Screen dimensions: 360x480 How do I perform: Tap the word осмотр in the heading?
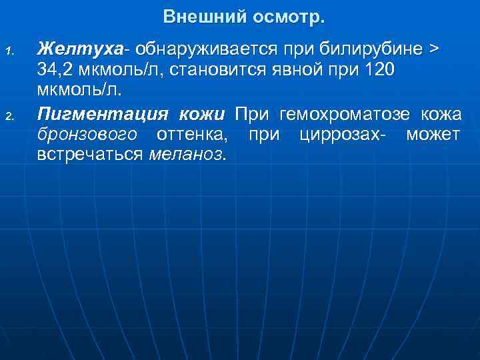coord(283,16)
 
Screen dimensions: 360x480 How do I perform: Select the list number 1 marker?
coord(9,51)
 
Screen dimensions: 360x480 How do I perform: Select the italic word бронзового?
coord(87,135)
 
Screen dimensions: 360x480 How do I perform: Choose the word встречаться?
coord(90,155)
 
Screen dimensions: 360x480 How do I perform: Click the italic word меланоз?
coord(187,155)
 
